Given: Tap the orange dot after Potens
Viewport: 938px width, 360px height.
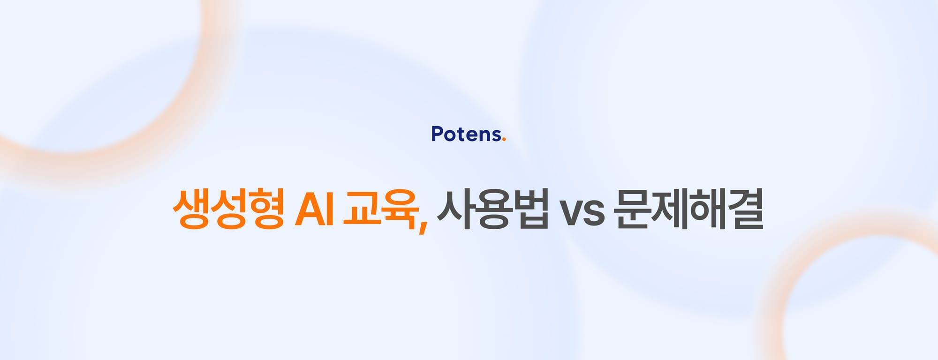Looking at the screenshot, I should (504, 139).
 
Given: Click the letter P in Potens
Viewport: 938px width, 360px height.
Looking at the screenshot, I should (437, 134).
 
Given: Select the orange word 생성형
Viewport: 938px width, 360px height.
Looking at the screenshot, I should (228, 210).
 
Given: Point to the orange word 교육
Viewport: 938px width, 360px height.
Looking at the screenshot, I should (381, 210).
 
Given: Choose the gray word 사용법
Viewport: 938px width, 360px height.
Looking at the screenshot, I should (492, 210).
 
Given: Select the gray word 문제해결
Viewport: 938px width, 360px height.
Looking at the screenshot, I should (688, 210).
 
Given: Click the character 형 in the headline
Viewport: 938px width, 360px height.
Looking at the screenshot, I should (266, 210).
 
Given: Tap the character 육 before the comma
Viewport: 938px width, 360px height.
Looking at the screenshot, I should (400, 210).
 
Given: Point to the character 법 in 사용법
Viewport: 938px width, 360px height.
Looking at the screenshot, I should (530, 210).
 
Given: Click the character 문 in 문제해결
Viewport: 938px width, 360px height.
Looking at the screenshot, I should (633, 210).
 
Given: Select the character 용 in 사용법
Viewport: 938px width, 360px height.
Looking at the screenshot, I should (493, 210).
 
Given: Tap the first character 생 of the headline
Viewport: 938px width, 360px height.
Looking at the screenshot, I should (191, 210).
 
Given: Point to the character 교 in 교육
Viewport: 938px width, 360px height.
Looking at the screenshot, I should (362, 210).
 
